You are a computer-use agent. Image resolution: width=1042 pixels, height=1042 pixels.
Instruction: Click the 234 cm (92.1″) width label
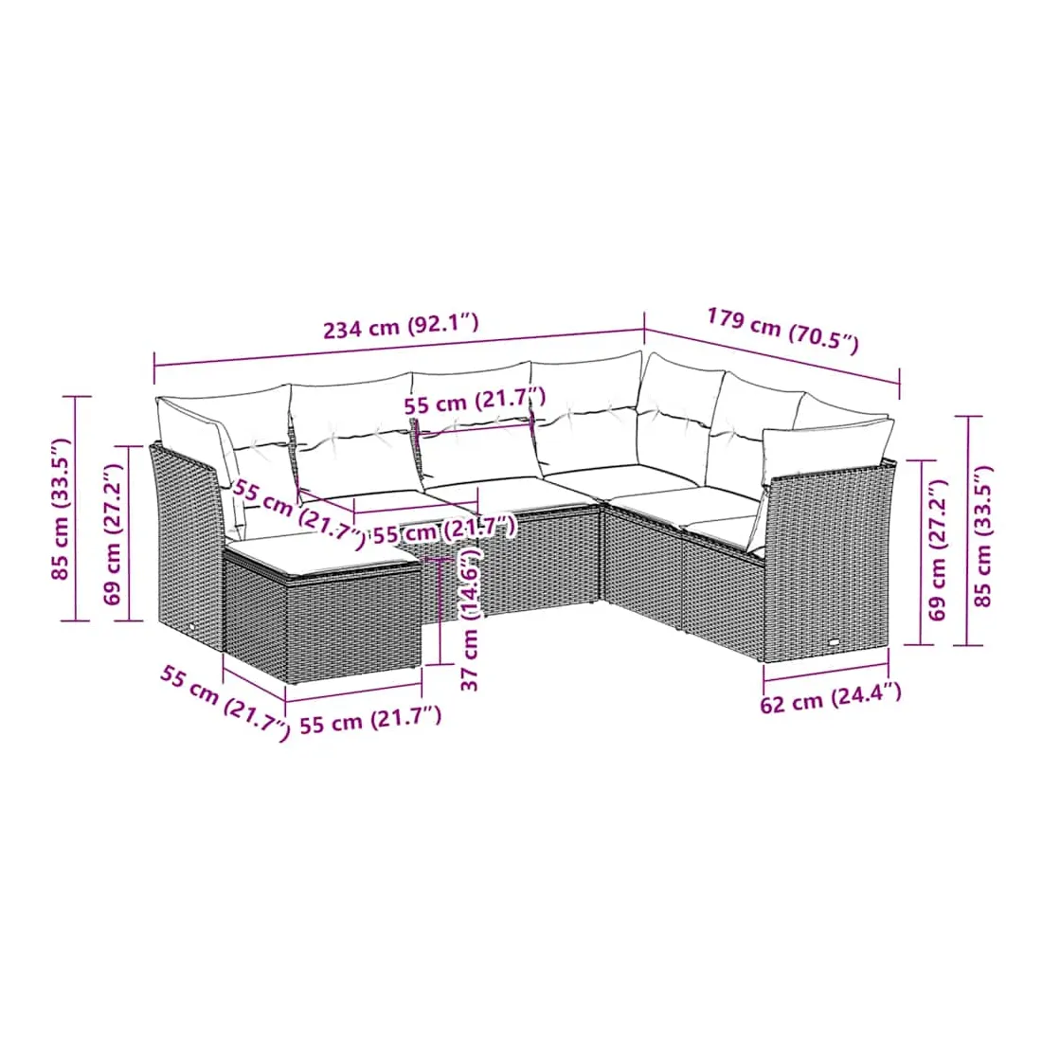coord(401,326)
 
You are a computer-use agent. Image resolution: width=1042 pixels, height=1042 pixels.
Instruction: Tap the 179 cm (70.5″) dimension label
coord(782,329)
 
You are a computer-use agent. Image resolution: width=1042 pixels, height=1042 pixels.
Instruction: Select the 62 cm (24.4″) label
coord(831,698)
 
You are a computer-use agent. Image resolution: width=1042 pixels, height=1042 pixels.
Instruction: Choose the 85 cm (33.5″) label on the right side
coord(983,536)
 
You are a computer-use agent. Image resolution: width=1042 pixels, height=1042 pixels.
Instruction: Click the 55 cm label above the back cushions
coord(476,401)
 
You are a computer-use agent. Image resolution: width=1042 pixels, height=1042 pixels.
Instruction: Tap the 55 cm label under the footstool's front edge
coord(370,720)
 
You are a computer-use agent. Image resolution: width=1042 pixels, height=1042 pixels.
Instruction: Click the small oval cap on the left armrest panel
coord(191,629)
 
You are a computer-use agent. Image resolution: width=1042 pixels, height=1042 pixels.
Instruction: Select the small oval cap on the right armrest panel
coord(834,643)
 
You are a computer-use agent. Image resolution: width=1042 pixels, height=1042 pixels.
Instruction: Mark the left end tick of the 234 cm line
coord(154,368)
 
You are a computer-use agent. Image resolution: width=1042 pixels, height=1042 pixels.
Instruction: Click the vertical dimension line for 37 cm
coord(440,611)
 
